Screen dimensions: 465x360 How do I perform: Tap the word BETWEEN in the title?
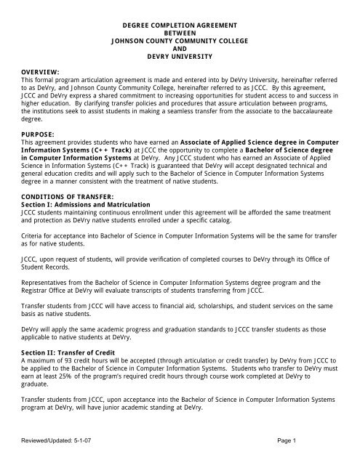pyautogui.click(x=179, y=33)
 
